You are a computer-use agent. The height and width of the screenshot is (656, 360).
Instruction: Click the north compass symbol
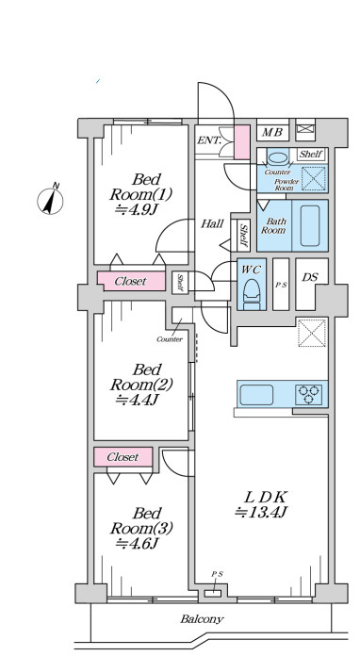click(x=50, y=201)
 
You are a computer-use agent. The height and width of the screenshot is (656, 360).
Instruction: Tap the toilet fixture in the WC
click(x=252, y=294)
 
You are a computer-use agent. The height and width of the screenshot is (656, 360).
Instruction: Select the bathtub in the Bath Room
click(x=310, y=225)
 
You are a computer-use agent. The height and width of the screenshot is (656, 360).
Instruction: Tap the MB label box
click(x=272, y=133)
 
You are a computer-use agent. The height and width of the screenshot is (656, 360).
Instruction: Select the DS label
click(x=310, y=277)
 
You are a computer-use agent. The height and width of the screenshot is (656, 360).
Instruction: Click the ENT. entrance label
click(x=208, y=140)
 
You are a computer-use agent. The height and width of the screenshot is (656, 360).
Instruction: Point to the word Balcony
click(x=202, y=618)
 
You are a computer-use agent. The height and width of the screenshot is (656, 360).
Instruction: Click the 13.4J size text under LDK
click(x=260, y=512)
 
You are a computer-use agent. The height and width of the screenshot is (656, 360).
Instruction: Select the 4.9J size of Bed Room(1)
click(x=136, y=208)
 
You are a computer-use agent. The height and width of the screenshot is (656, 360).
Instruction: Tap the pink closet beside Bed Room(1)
click(x=131, y=281)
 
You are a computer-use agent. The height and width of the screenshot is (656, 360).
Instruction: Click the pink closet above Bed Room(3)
click(x=123, y=457)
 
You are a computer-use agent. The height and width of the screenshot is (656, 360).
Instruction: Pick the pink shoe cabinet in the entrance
click(x=241, y=141)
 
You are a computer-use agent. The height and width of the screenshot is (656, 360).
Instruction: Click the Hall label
click(x=212, y=223)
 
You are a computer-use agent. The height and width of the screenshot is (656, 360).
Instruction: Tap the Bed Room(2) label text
click(x=141, y=377)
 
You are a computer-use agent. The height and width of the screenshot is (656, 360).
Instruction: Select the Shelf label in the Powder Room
click(x=311, y=154)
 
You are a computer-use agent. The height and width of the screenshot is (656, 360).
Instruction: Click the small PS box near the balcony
click(x=213, y=593)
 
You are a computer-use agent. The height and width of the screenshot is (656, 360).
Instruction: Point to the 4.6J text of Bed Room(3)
click(x=137, y=543)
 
